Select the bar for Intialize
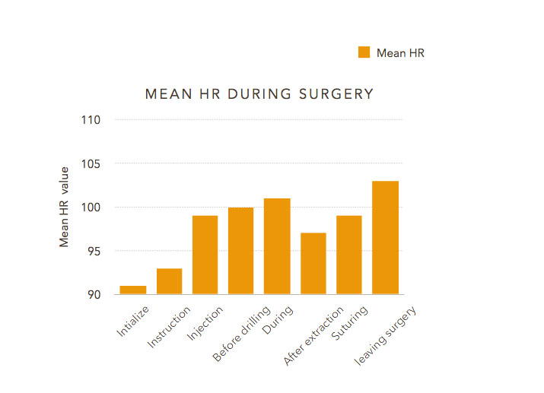click(133, 290)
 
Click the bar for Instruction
click(169, 281)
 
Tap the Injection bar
click(205, 255)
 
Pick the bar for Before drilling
click(241, 251)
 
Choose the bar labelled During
click(277, 246)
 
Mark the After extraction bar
click(313, 263)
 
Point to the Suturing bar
click(349, 255)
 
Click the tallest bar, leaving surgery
click(385, 237)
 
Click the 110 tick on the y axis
click(91, 120)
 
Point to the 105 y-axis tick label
click(91, 163)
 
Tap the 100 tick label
click(91, 208)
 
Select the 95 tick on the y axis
click(94, 251)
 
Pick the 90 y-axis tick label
click(94, 294)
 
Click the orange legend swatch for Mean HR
click(364, 52)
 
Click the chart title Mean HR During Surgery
click(259, 94)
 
